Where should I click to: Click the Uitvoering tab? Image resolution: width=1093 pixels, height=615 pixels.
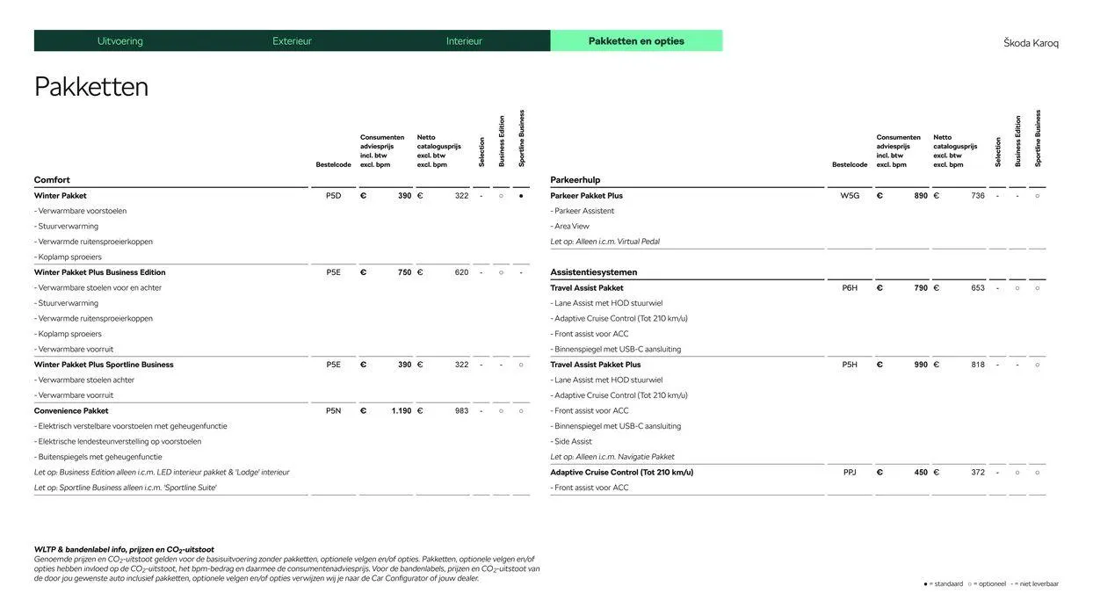coord(119,41)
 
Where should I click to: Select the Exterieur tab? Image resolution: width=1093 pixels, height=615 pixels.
coord(292,41)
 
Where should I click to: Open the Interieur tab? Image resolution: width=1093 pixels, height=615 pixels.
coord(464,41)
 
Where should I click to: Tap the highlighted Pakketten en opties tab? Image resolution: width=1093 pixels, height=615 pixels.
coord(636,41)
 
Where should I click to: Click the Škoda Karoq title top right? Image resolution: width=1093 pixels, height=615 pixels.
coord(1031,43)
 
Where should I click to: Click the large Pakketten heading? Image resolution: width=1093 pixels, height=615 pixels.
coord(91,87)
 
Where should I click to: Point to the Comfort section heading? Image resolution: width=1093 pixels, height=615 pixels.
coord(52,180)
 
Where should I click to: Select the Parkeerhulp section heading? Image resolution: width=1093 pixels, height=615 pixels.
coord(575,180)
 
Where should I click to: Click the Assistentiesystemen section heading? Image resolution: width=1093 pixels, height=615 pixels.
coord(594,272)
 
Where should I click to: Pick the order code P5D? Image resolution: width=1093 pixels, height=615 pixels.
coord(333,196)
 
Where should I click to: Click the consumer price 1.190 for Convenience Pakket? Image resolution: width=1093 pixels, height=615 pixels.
coord(401,411)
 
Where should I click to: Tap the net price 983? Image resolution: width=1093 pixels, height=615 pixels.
coord(461,411)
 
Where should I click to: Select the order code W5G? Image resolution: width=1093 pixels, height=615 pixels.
coord(850,196)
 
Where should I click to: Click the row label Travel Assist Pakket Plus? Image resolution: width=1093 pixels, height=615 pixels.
coord(596,365)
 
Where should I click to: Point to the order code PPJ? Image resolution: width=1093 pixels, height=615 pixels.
coord(850,473)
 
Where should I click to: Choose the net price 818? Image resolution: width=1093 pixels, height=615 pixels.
coord(978,365)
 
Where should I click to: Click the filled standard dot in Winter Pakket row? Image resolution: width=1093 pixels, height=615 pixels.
coord(521,196)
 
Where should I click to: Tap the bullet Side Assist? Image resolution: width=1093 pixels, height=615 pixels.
coord(573,442)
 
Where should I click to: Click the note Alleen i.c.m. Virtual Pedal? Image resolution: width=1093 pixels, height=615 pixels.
coord(605,242)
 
